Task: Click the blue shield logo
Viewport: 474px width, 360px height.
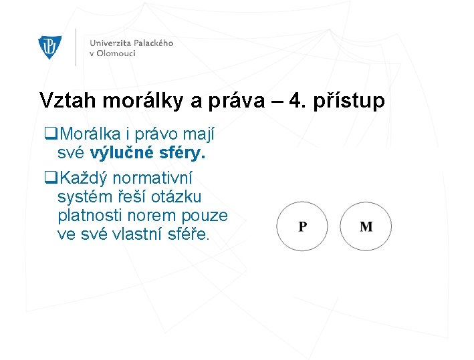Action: (50, 47)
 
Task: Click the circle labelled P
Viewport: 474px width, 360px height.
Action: (303, 226)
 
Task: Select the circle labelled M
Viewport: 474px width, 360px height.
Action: (366, 226)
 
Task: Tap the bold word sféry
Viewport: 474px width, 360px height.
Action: (181, 154)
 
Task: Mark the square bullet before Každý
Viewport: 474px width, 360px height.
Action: (48, 178)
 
